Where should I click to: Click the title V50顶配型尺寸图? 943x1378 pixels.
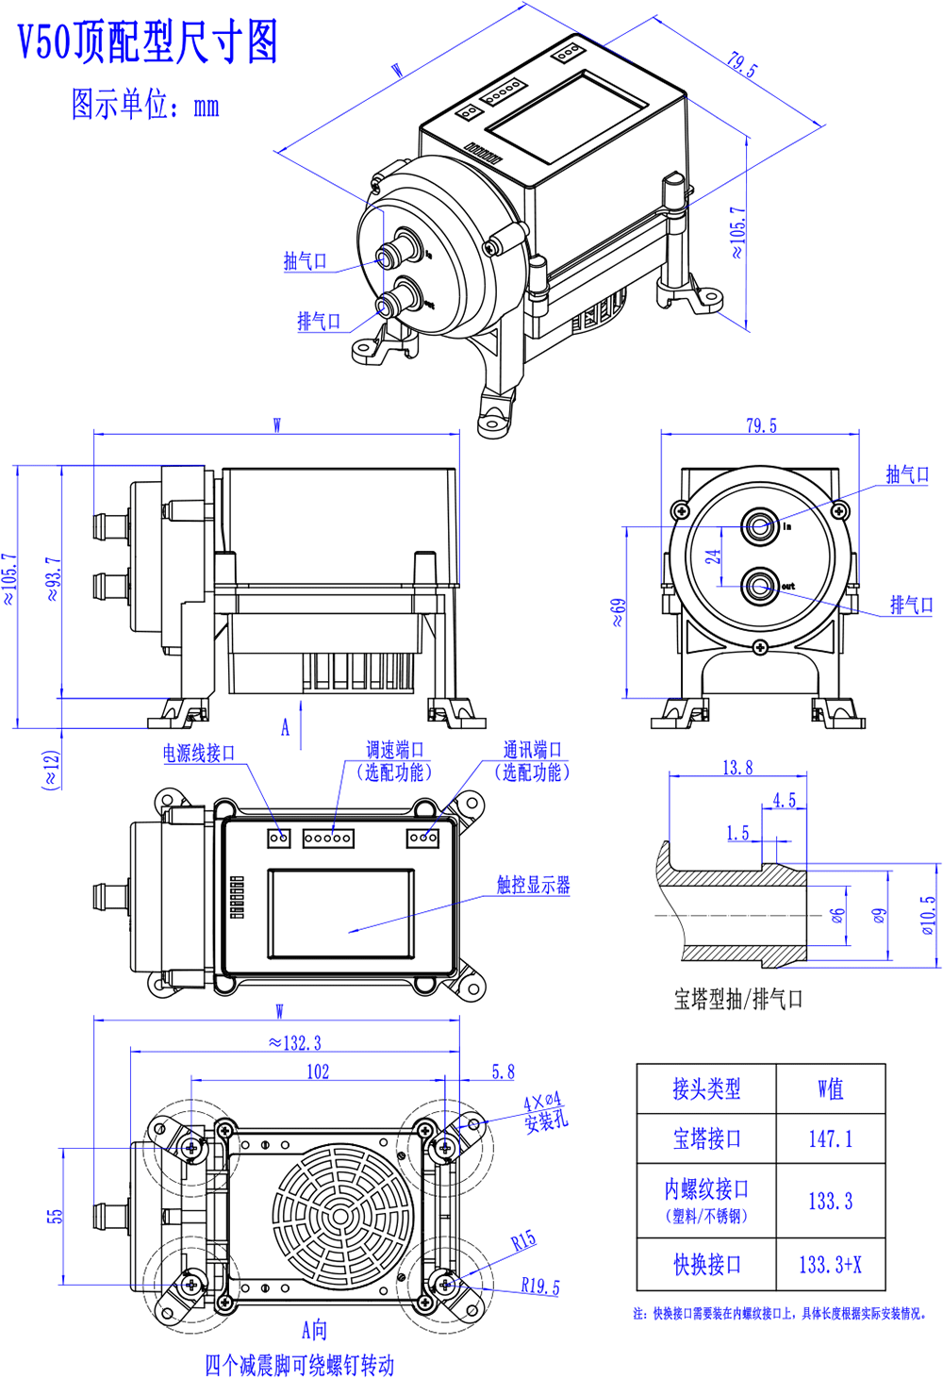pyautogui.click(x=148, y=42)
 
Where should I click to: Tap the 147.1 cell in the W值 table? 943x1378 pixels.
pyautogui.click(x=830, y=1138)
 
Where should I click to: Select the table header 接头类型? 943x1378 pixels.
pyautogui.click(x=706, y=1089)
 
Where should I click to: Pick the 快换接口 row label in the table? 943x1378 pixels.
pyautogui.click(x=706, y=1264)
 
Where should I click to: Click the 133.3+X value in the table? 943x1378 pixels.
pyautogui.click(x=830, y=1264)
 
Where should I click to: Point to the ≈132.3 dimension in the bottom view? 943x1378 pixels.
pyautogui.click(x=294, y=1042)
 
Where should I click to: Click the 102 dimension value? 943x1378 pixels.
pyautogui.click(x=318, y=1071)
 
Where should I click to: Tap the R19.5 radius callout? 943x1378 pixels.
pyautogui.click(x=539, y=1287)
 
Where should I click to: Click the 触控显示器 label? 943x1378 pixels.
pyautogui.click(x=533, y=885)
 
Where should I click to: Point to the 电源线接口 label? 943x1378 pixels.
pyautogui.click(x=198, y=753)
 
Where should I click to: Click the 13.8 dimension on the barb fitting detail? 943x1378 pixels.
pyautogui.click(x=737, y=768)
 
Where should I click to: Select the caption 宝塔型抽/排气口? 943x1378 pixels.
pyautogui.click(x=737, y=999)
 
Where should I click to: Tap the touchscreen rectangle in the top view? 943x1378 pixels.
pyautogui.click(x=340, y=914)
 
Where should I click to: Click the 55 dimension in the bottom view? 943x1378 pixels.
pyautogui.click(x=56, y=1216)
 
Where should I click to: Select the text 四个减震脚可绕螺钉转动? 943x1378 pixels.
pyautogui.click(x=299, y=1365)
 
